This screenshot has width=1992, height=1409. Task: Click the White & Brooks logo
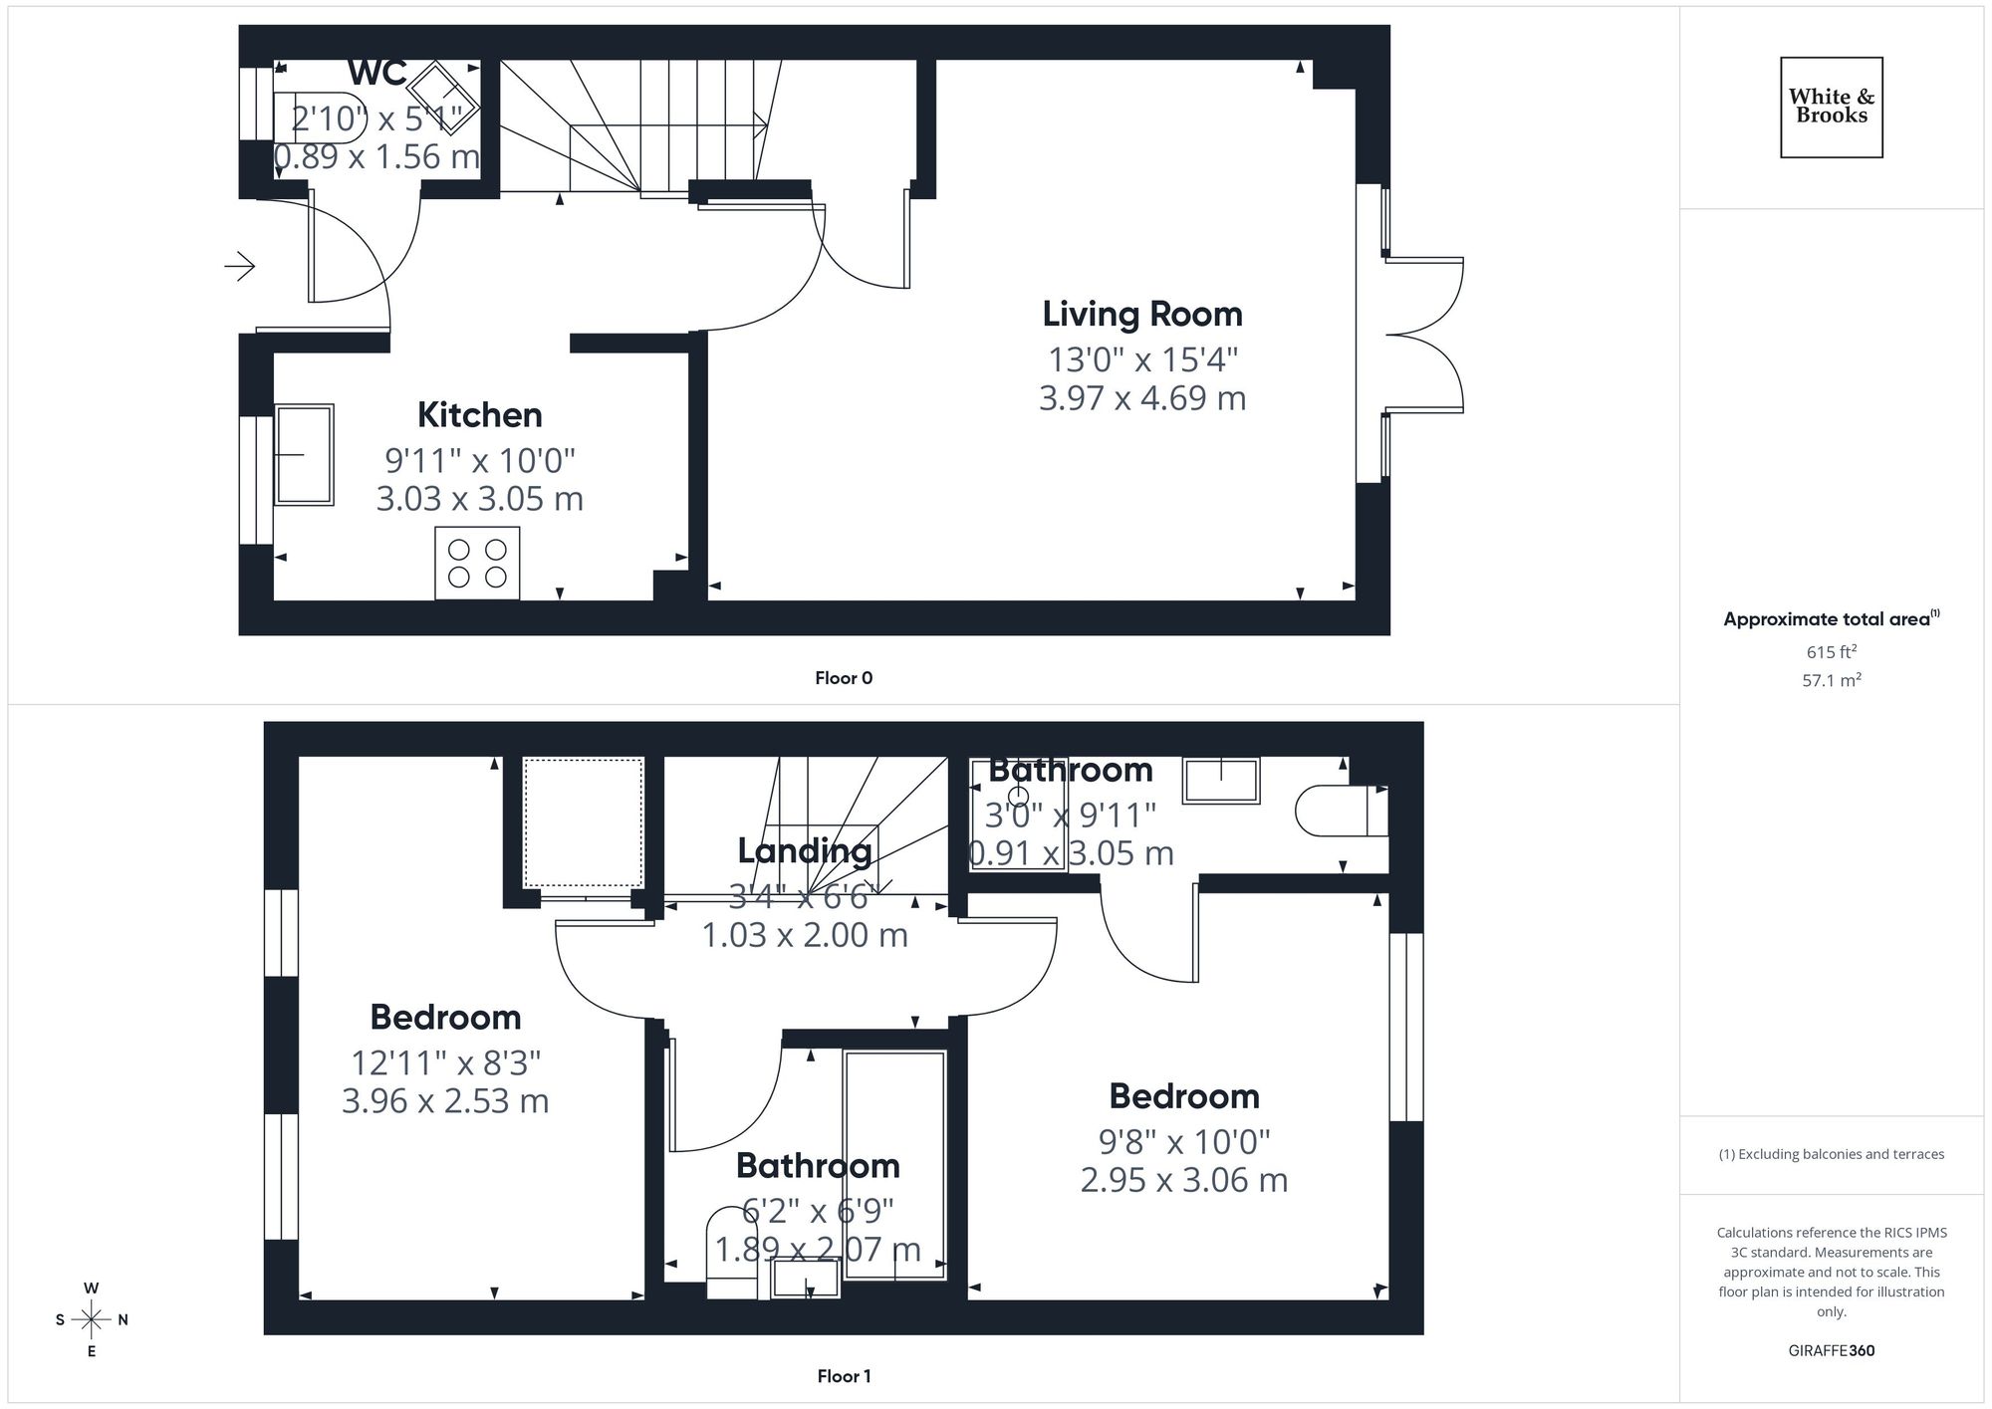1831,107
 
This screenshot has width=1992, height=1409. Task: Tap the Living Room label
1142,315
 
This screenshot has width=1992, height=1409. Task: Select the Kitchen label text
479,415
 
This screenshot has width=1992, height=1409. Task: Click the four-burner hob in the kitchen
477,564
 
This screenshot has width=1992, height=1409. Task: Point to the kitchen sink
304,454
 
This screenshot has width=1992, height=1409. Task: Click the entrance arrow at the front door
240,266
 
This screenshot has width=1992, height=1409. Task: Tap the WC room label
377,73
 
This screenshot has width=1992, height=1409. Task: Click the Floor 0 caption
843,678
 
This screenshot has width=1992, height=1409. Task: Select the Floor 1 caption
843,1376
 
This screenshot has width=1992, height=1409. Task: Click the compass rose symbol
92,1320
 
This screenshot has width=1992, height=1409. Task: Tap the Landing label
804,850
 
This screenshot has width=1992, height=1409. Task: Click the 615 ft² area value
1831,652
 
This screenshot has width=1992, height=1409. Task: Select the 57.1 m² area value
1831,681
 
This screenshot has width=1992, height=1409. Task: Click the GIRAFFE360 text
1831,1351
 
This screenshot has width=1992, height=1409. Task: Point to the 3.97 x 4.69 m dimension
1142,398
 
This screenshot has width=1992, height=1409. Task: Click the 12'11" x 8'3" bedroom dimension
445,1063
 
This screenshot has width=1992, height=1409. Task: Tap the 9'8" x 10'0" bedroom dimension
1183,1142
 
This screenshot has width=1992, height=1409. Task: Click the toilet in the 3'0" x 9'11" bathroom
1340,812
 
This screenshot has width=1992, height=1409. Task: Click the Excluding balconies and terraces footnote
1831,1154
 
